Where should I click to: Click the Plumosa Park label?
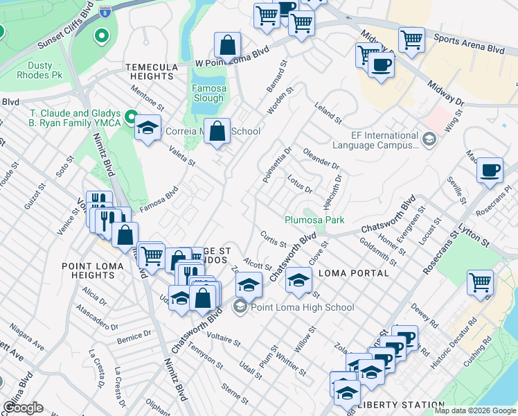[x=314, y=220]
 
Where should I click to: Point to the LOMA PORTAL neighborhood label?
[x=353, y=273]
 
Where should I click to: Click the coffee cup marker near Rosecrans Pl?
[x=490, y=169]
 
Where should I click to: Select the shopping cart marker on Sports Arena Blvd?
[x=411, y=40]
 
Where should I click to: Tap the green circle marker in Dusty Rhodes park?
[x=102, y=35]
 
